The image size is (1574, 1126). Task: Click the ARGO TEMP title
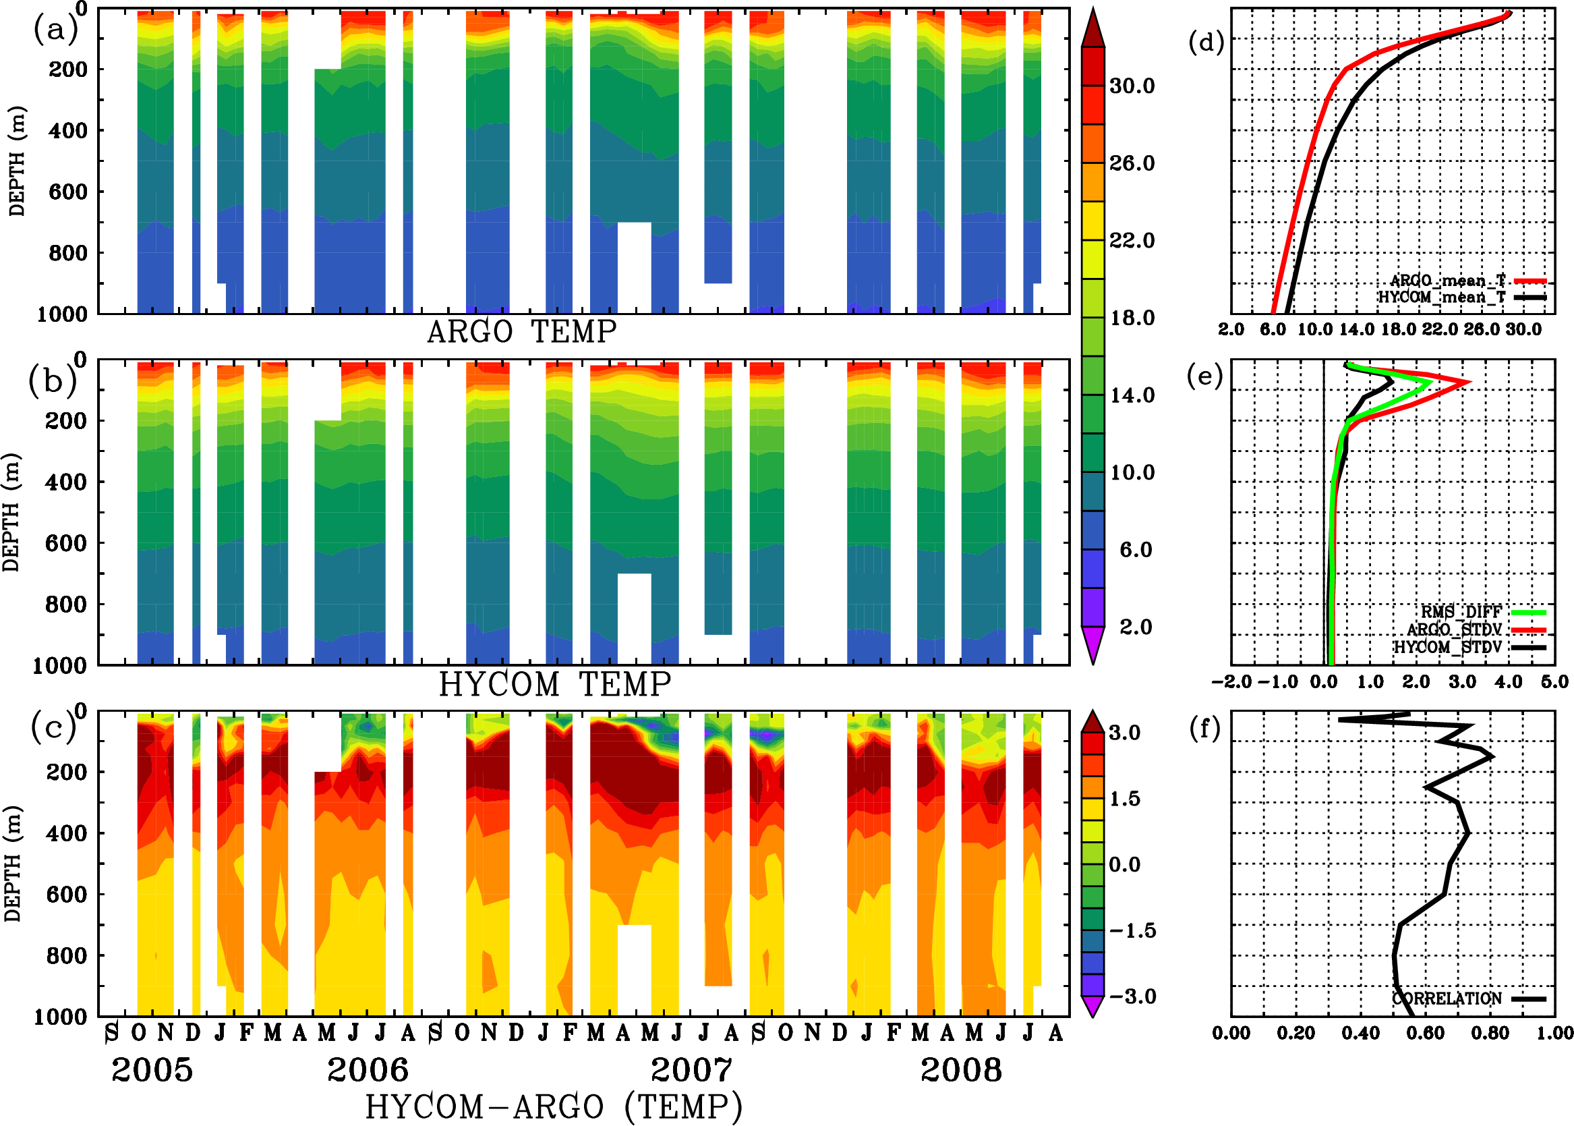[x=521, y=332]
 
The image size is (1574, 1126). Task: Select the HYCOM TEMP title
[x=555, y=684]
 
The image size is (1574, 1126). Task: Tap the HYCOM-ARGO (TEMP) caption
[x=554, y=1106]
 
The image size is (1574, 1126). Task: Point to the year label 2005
[x=152, y=1070]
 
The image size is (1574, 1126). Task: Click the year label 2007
[x=691, y=1070]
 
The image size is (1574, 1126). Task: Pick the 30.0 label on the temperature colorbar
[x=1132, y=86]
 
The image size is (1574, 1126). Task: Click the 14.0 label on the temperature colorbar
[x=1132, y=395]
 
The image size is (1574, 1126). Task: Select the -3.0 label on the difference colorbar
[x=1132, y=996]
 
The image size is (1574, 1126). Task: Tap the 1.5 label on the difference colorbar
[x=1124, y=799]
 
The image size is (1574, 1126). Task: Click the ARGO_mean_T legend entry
[x=1448, y=281]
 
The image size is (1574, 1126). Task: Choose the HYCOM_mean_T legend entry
[x=1442, y=298]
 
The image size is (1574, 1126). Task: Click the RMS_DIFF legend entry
[x=1461, y=612]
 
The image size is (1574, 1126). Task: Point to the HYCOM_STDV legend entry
[x=1448, y=647]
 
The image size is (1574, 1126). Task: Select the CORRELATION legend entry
[x=1447, y=998]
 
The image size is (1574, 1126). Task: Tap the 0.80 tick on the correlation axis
[x=1491, y=1033]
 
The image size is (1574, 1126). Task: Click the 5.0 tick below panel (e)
[x=1554, y=681]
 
